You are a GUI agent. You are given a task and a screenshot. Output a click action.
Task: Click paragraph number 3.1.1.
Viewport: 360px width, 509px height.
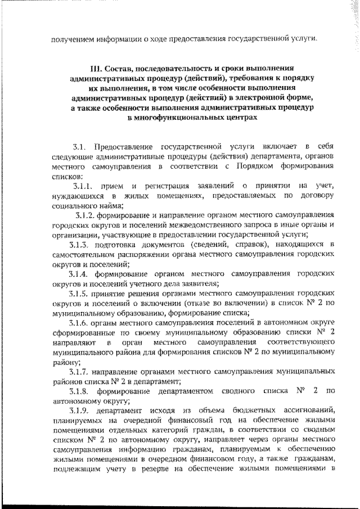pyautogui.click(x=87, y=186)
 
